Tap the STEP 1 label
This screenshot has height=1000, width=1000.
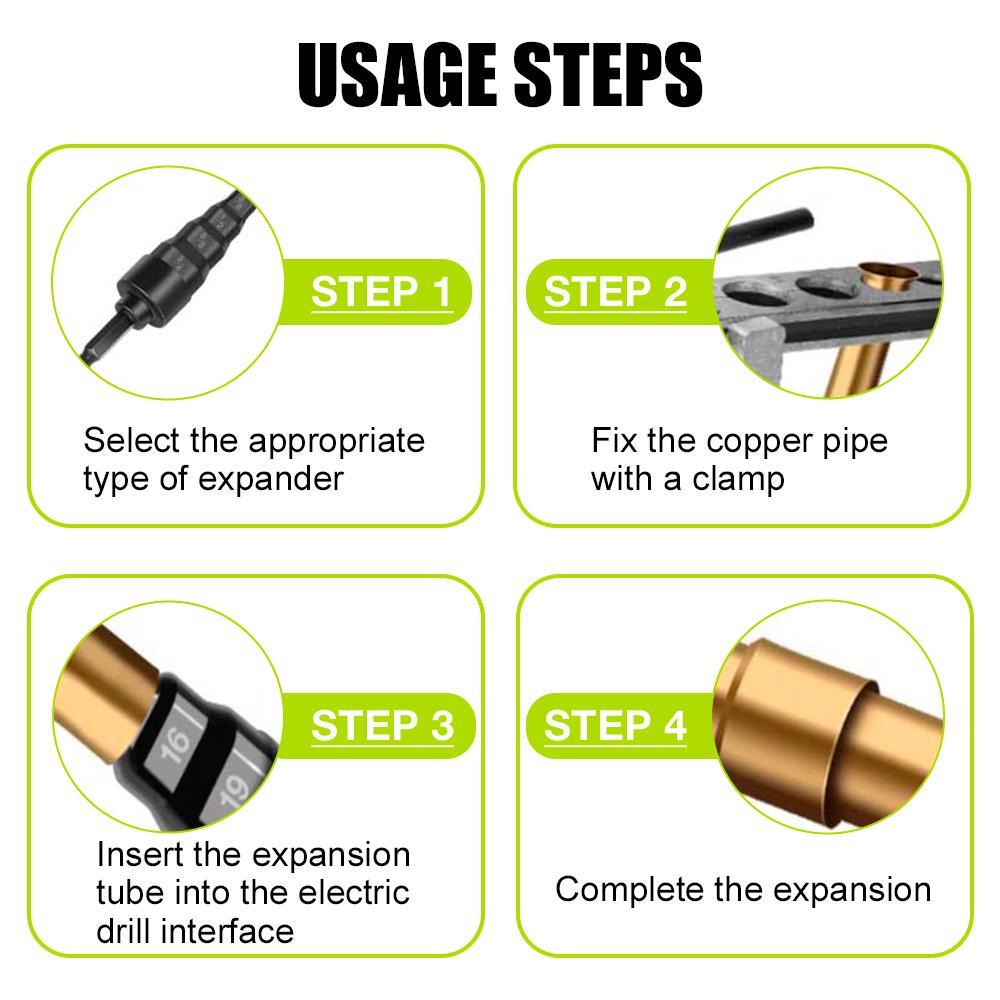[381, 292]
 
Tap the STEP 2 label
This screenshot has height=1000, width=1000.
[616, 292]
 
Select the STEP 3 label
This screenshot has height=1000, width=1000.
[381, 726]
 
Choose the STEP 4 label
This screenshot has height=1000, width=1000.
[616, 726]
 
